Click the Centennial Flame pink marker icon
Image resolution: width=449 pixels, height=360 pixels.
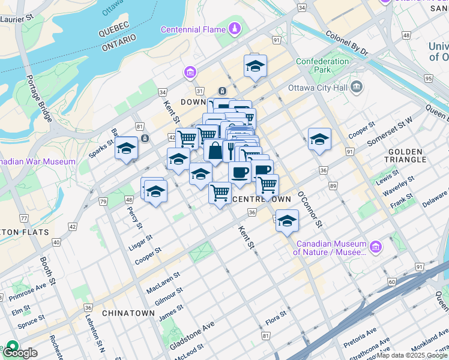(x=235, y=28)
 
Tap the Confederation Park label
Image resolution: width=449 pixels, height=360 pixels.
(x=322, y=65)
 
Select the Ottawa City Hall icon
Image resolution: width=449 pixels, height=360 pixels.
(x=357, y=88)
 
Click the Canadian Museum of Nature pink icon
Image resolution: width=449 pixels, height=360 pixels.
(x=376, y=247)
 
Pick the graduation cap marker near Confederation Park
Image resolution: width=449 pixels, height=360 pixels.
(x=255, y=66)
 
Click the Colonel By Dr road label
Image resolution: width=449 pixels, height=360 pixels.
(x=346, y=44)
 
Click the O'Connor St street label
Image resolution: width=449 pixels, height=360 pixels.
(x=310, y=209)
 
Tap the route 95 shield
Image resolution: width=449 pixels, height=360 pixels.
(x=428, y=79)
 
